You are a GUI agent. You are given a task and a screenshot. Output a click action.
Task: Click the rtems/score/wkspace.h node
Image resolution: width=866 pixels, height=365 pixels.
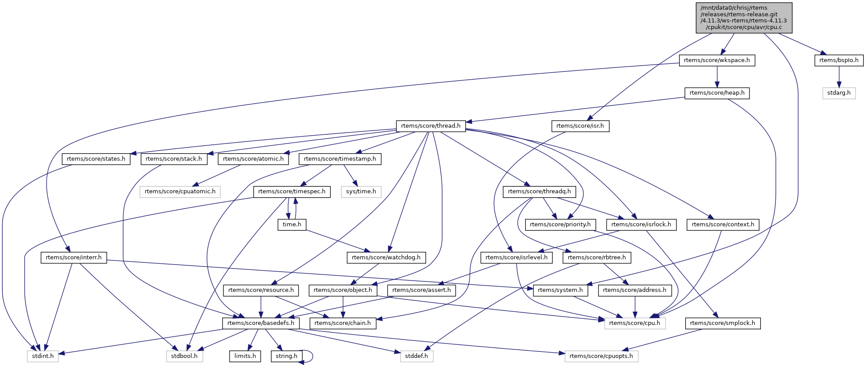pos(717,60)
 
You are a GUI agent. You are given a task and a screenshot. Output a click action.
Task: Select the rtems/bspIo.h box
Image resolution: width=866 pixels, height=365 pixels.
pos(839,60)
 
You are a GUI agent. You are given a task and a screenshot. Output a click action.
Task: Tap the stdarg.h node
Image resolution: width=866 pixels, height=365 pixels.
pos(839,93)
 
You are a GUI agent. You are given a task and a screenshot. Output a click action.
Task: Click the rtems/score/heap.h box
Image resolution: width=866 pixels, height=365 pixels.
pos(717,93)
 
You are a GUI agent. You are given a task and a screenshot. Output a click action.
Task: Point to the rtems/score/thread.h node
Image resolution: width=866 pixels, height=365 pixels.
pos(431,126)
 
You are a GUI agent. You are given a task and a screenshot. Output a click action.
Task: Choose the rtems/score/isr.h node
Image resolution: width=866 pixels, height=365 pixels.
pos(580,126)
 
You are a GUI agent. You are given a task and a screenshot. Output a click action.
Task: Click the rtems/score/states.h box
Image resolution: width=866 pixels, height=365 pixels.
pos(96,159)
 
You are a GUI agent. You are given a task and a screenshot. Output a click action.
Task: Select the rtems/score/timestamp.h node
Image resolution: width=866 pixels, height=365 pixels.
pos(340,159)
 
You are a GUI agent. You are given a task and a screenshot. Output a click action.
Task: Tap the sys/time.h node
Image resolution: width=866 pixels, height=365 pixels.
pos(361,192)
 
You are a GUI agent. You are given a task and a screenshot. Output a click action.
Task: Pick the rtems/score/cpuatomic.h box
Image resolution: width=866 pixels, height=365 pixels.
pos(180,192)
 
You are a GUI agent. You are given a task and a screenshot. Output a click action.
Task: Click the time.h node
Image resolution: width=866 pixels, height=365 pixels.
pos(292,225)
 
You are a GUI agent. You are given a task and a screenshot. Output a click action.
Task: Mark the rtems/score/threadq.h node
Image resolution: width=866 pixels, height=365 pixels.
pos(539,192)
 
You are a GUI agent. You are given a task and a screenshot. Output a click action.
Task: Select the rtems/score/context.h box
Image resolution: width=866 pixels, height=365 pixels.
pos(723,225)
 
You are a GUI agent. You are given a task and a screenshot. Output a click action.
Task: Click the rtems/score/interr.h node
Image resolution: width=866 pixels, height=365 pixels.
pos(73,258)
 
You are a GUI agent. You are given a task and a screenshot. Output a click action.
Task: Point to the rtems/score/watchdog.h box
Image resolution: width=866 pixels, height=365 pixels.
pos(386,258)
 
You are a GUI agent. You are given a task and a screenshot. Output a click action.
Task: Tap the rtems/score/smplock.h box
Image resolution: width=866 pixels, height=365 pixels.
pos(722,323)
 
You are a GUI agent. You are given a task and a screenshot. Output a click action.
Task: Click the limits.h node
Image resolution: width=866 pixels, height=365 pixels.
pos(245,356)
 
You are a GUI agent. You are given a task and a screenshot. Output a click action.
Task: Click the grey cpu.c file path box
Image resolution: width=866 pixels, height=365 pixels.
pos(744,18)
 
